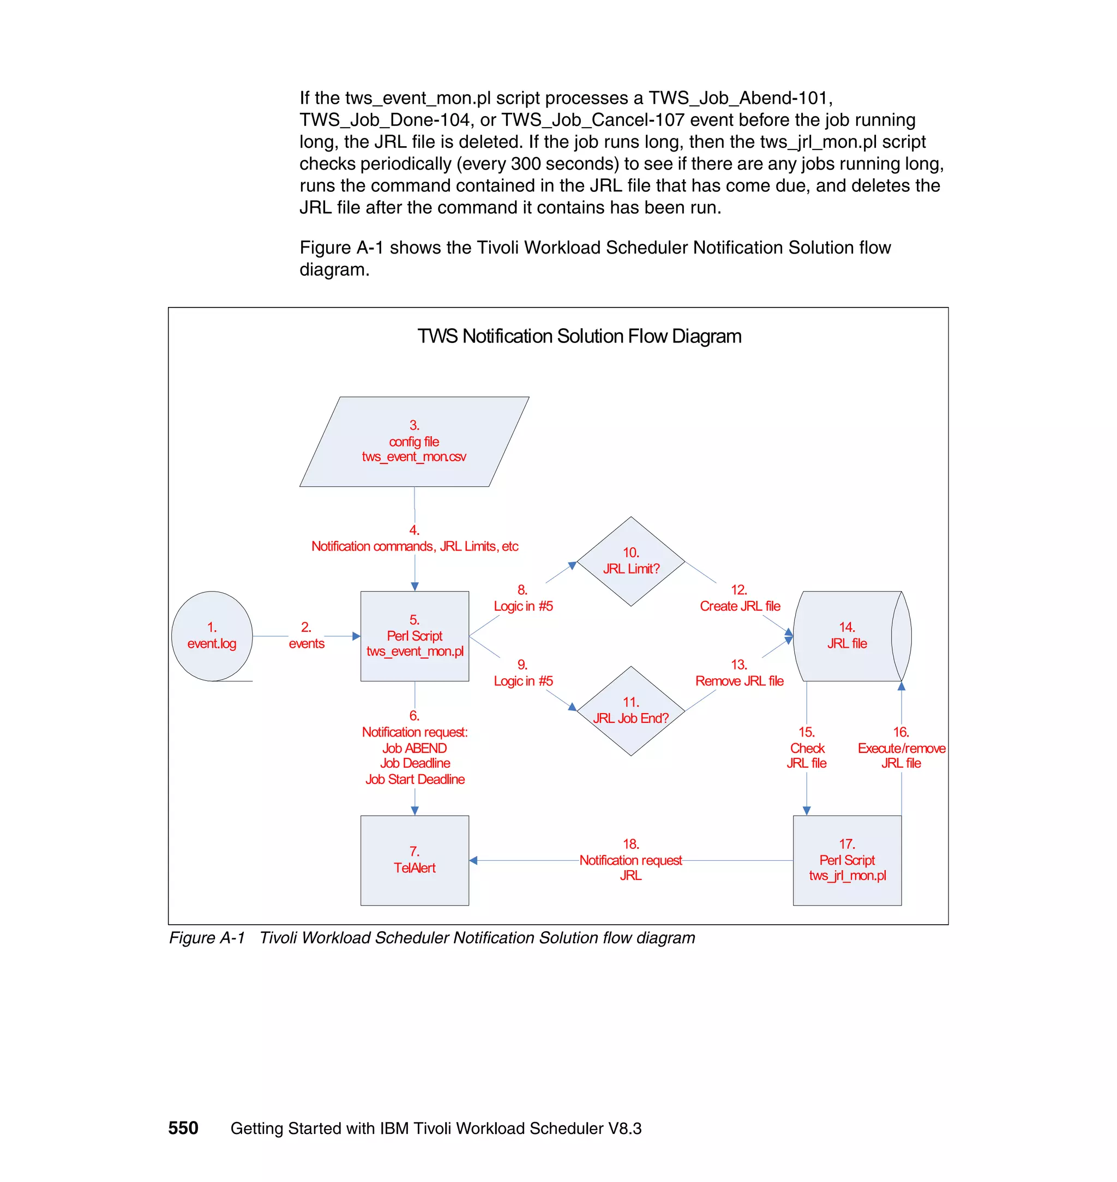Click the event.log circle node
tap(212, 636)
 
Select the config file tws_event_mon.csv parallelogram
tap(414, 442)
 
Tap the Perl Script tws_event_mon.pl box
tap(415, 636)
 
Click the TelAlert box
tap(415, 860)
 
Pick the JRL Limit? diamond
tap(630, 561)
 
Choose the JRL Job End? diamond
tap(630, 710)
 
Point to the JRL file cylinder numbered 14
tap(846, 636)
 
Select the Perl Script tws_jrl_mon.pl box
tap(846, 860)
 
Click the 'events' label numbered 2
tap(307, 643)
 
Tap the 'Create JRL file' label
tap(740, 606)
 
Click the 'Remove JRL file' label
tap(739, 681)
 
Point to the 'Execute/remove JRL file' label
tap(901, 755)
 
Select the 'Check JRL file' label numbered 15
tap(807, 755)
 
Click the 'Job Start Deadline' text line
tap(415, 779)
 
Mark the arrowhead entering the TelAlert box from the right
tap(473, 860)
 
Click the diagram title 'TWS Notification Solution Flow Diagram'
tap(579, 336)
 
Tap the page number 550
tap(183, 1128)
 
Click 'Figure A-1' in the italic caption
tap(207, 938)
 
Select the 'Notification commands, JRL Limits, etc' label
tap(415, 546)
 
